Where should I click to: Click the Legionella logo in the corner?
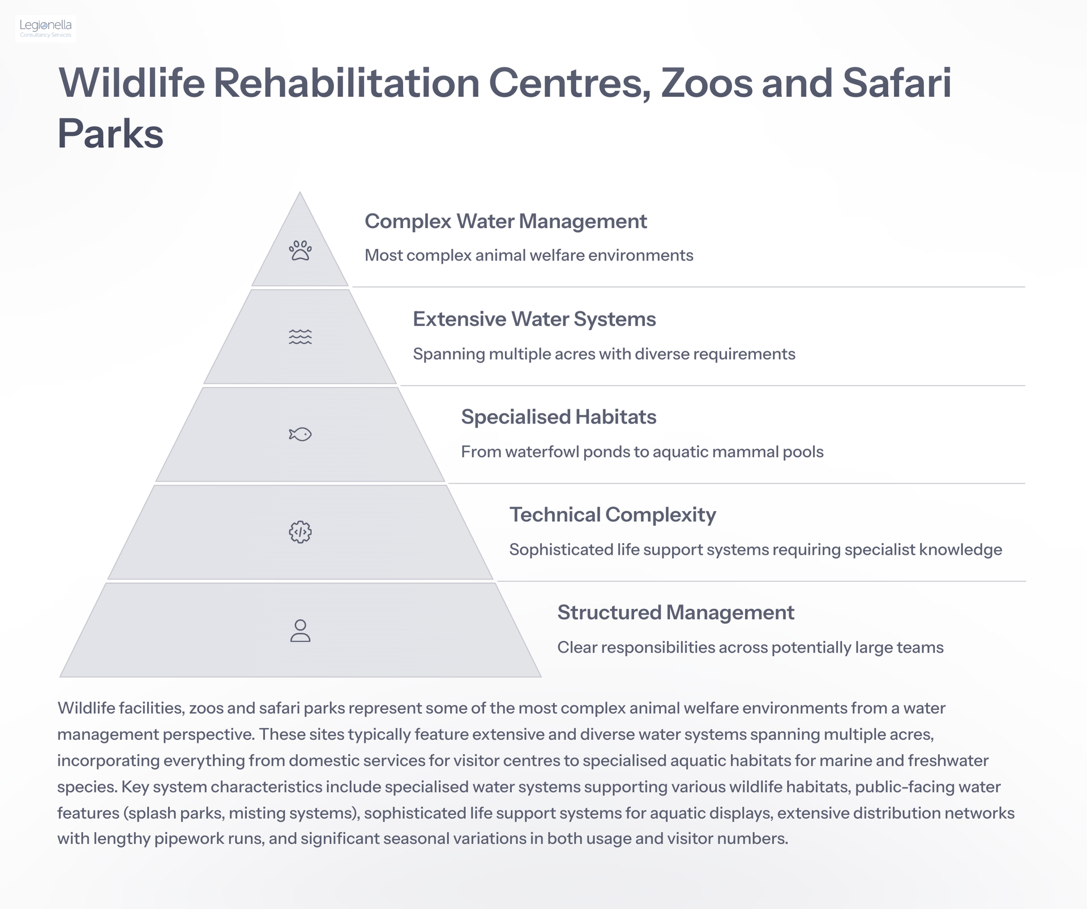click(45, 28)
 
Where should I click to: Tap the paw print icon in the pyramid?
click(300, 250)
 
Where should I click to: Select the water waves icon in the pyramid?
click(300, 337)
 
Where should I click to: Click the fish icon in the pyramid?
click(300, 434)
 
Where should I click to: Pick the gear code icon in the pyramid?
click(300, 532)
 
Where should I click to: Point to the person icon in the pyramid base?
click(300, 631)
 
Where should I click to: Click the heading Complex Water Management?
click(506, 221)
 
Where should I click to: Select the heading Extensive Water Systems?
click(534, 319)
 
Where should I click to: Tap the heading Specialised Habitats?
click(559, 417)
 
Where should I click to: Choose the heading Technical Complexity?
click(613, 515)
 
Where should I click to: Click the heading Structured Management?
click(676, 613)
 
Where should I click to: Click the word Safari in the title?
click(897, 83)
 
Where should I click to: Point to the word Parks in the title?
click(110, 134)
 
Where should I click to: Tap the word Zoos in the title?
click(707, 83)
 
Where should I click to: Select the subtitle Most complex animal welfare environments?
click(529, 256)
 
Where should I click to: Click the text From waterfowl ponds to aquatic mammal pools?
click(642, 452)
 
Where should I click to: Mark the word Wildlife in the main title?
click(131, 83)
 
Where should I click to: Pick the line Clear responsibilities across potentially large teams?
click(750, 648)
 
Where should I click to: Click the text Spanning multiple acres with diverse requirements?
click(604, 354)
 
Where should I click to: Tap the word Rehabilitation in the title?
click(346, 83)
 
